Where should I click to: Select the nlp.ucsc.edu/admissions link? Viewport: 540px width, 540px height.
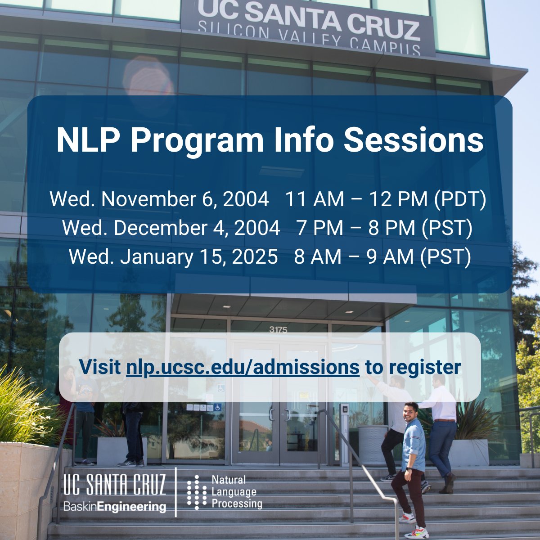click(x=243, y=367)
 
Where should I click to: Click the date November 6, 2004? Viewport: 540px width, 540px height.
click(x=185, y=199)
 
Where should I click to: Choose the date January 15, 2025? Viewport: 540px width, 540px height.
click(x=198, y=256)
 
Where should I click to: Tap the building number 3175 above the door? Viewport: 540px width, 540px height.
click(x=278, y=330)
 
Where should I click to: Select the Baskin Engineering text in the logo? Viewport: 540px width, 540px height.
click(x=115, y=507)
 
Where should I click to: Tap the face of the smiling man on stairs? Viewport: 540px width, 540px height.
click(x=410, y=412)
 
